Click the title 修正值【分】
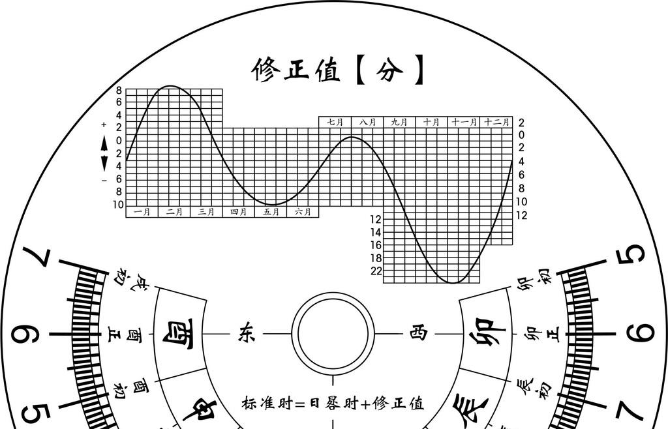[x=339, y=70]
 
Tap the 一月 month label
[x=142, y=212]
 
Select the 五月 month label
[x=271, y=212]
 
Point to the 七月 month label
[x=335, y=122]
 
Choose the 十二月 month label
[x=497, y=122]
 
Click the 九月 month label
[x=399, y=122]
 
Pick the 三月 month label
[x=206, y=212]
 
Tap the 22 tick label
[x=376, y=271]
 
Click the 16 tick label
[x=376, y=245]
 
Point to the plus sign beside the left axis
[x=104, y=125]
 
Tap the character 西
[x=417, y=333]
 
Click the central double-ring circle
[x=333, y=333]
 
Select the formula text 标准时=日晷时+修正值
[x=333, y=404]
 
